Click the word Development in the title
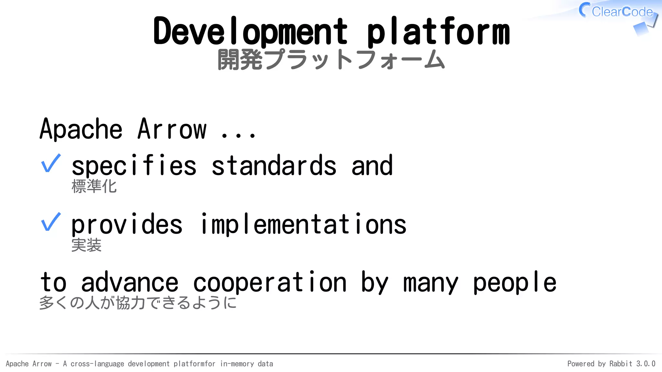250,32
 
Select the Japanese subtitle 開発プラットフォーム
331,60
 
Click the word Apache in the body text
81,129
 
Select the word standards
274,166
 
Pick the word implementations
303,224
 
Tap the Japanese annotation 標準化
94,186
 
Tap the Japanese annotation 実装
86,245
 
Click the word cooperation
270,283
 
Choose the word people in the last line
515,283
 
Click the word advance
130,283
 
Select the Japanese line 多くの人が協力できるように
138,303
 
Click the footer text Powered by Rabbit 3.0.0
611,364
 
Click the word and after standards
372,166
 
